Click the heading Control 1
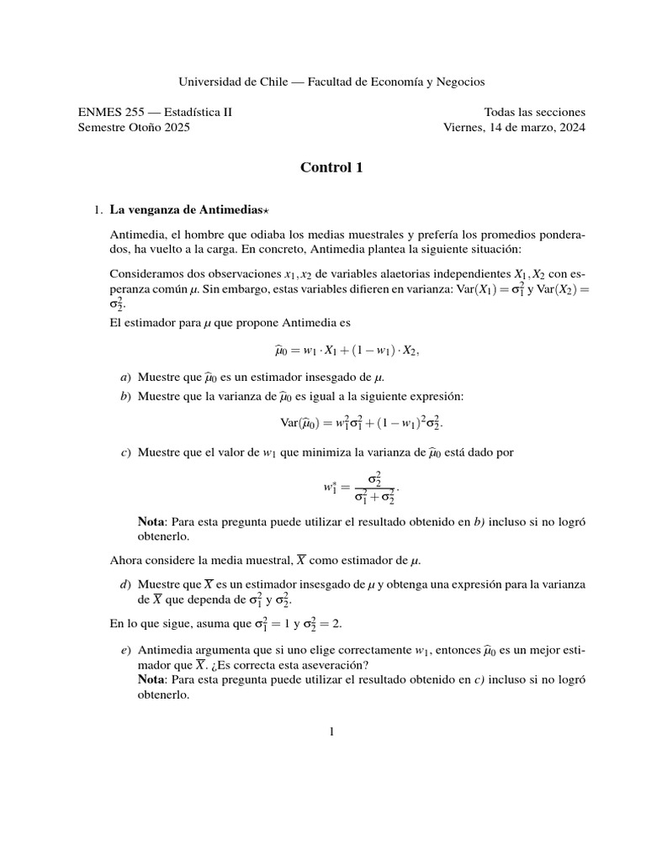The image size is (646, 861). (331, 167)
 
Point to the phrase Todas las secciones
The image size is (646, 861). (535, 112)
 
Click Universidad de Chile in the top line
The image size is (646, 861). (233, 82)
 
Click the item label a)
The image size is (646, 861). (127, 378)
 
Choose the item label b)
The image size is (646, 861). (127, 395)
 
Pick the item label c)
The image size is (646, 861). (127, 453)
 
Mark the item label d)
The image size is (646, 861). (127, 584)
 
